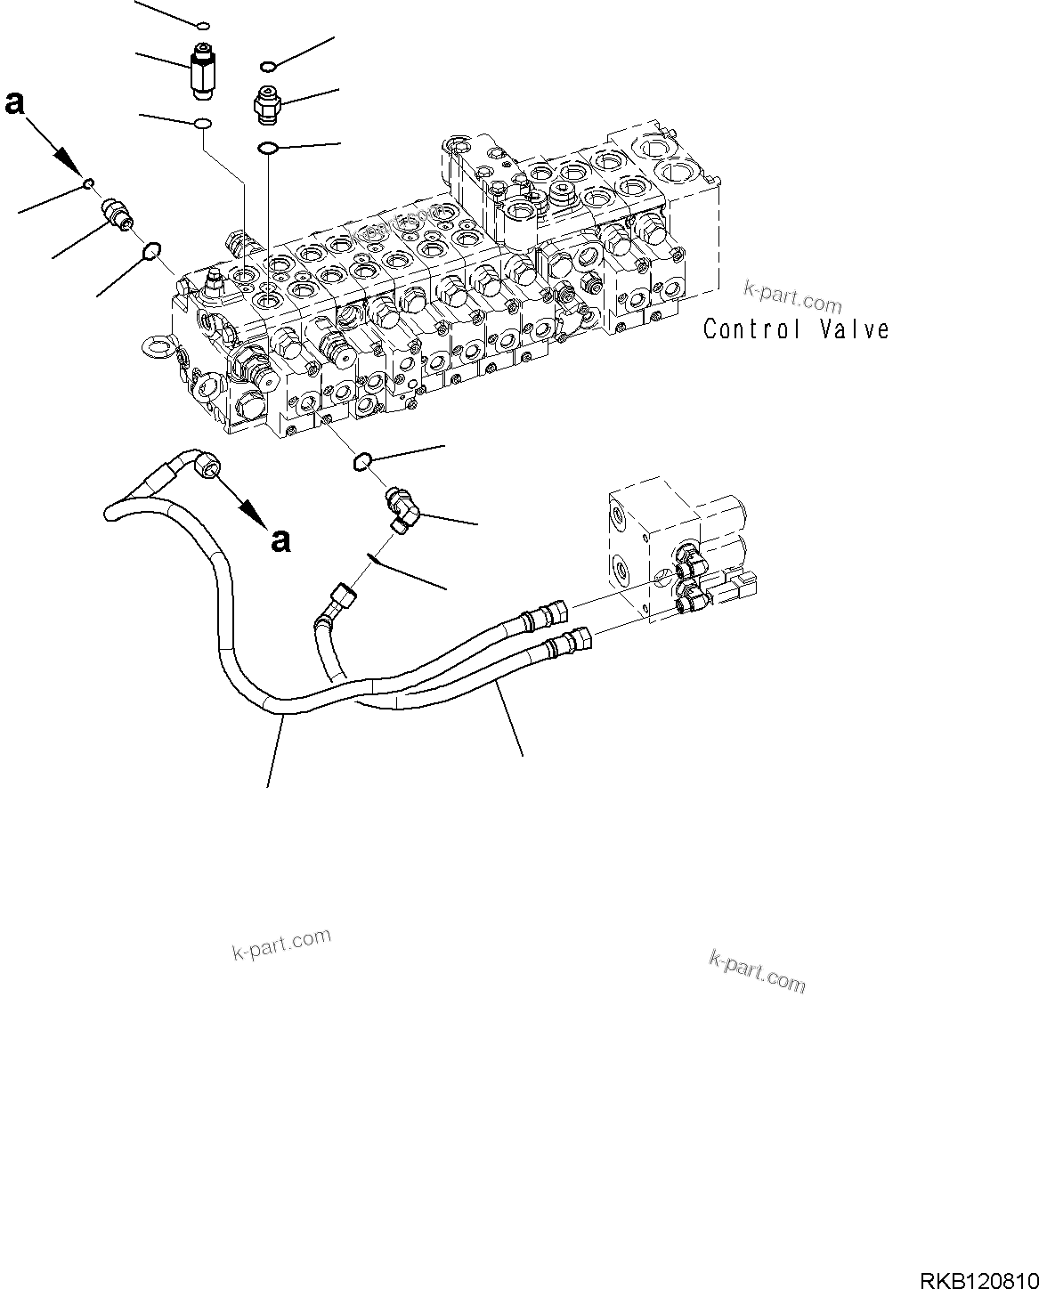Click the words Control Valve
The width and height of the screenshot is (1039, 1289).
[796, 328]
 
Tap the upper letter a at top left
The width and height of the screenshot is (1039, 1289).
[14, 104]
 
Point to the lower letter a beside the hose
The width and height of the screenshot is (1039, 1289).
[281, 539]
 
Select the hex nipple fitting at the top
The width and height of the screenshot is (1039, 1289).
[266, 104]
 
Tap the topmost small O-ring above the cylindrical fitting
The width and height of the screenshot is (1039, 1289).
[203, 25]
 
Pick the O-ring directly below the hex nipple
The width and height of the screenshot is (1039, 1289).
[268, 147]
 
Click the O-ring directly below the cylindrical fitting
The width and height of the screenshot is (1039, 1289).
[203, 123]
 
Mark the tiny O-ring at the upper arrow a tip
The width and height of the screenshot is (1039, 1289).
[88, 183]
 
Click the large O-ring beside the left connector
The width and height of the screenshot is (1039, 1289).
[151, 253]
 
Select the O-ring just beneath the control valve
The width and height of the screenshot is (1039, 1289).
[361, 459]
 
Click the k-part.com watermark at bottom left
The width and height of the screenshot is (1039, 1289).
[281, 944]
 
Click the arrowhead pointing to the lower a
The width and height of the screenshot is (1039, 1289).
[253, 514]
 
